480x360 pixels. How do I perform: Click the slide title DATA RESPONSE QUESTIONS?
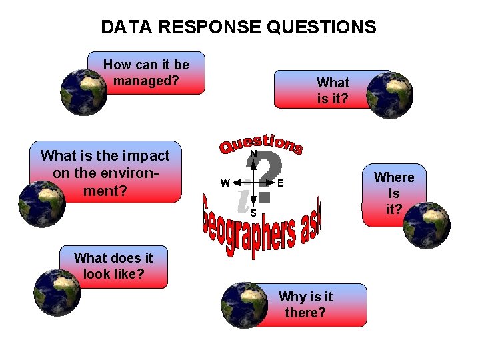pos(239,27)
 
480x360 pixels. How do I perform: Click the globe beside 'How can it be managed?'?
pos(83,93)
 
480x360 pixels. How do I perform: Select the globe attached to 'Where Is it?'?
pos(427,225)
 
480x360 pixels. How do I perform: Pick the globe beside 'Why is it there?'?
pos(243,305)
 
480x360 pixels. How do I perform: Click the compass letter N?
pos(253,154)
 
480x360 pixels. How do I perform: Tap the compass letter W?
pos(225,183)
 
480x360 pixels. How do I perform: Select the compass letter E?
pos(281,183)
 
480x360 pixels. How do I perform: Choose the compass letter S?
pos(253,213)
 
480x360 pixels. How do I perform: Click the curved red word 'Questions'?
pos(261,143)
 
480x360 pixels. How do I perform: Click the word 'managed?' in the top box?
pos(147,81)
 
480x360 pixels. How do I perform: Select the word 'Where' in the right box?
pos(394,177)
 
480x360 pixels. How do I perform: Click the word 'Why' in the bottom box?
pos(291,297)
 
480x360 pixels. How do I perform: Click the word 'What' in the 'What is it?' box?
pos(333,83)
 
